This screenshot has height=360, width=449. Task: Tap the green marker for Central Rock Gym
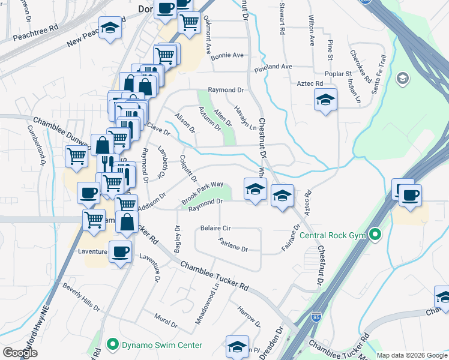tap(376, 233)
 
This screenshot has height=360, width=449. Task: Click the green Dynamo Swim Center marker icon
tap(112, 344)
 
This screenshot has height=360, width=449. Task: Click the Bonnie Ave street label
tap(227, 55)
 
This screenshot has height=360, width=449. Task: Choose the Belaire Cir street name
tap(215, 229)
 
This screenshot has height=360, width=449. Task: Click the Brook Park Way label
tap(202, 193)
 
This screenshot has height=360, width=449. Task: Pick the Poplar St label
tap(340, 73)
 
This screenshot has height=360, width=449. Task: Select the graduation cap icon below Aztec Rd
tap(325, 100)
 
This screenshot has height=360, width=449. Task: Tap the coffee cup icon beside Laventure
tap(121, 251)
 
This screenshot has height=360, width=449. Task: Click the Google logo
tap(20, 353)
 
